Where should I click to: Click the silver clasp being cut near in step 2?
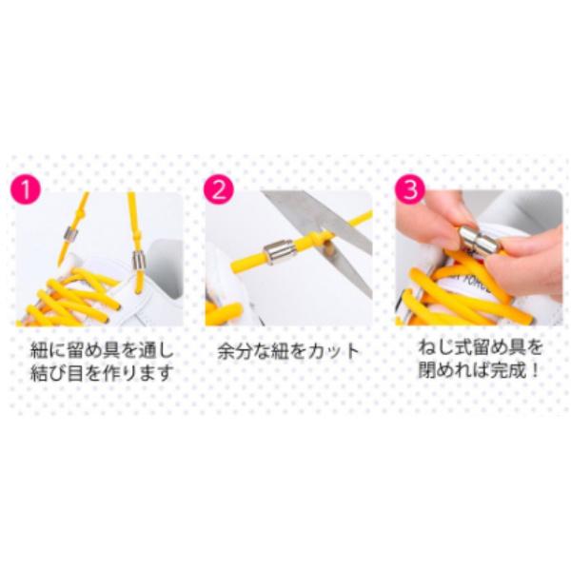coord(277,252)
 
